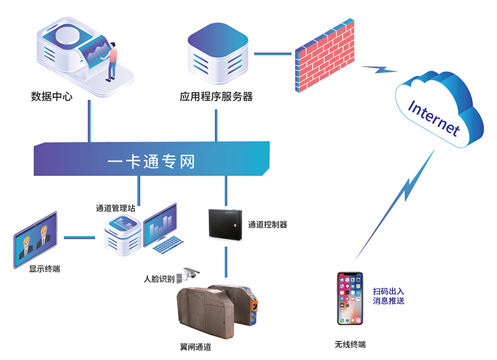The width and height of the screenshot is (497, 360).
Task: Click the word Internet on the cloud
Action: pos(434,118)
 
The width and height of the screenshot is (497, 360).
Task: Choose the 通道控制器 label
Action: pos(267,224)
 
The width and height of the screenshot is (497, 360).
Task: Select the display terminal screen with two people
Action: pos(35,238)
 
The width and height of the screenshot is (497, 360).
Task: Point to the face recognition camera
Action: pos(189,274)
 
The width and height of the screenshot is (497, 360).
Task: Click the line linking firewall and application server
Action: pos(271,53)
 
